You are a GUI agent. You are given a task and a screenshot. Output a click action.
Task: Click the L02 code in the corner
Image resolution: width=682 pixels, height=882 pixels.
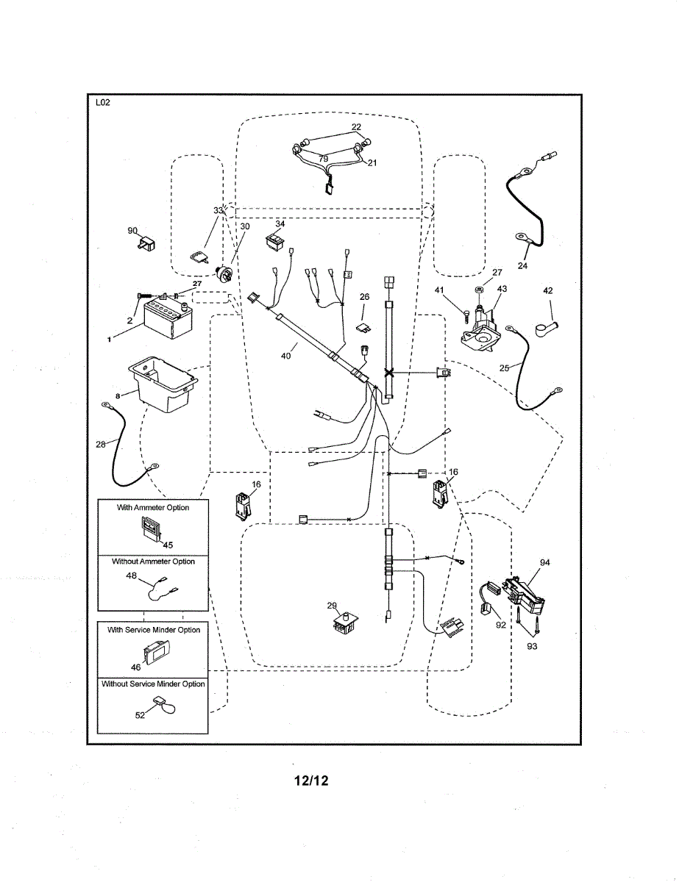pyautogui.click(x=102, y=103)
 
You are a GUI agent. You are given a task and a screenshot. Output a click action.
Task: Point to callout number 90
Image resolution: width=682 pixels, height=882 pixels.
pyautogui.click(x=133, y=231)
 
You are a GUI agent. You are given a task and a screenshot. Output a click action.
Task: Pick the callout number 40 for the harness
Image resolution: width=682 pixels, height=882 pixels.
pyautogui.click(x=285, y=356)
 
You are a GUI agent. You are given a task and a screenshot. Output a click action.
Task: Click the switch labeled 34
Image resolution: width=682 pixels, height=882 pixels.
pyautogui.click(x=276, y=240)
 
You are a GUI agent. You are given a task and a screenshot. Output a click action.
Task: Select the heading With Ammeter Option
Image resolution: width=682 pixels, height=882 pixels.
pyautogui.click(x=153, y=508)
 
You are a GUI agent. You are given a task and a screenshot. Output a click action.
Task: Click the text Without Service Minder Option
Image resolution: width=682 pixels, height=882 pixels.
pyautogui.click(x=153, y=684)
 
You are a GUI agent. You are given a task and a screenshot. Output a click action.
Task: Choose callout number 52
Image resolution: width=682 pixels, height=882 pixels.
pyautogui.click(x=140, y=715)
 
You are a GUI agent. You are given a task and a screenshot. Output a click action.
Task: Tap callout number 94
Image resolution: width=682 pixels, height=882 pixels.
pyautogui.click(x=544, y=563)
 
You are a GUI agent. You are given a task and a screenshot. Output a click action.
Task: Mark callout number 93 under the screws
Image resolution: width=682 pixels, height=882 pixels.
pyautogui.click(x=532, y=646)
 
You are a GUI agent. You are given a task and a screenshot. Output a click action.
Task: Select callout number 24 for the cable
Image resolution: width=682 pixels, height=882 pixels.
pyautogui.click(x=522, y=266)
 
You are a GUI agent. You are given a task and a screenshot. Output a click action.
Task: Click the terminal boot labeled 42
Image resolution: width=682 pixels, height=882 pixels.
pyautogui.click(x=549, y=320)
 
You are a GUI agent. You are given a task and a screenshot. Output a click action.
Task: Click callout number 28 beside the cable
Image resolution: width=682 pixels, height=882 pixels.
pyautogui.click(x=101, y=444)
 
